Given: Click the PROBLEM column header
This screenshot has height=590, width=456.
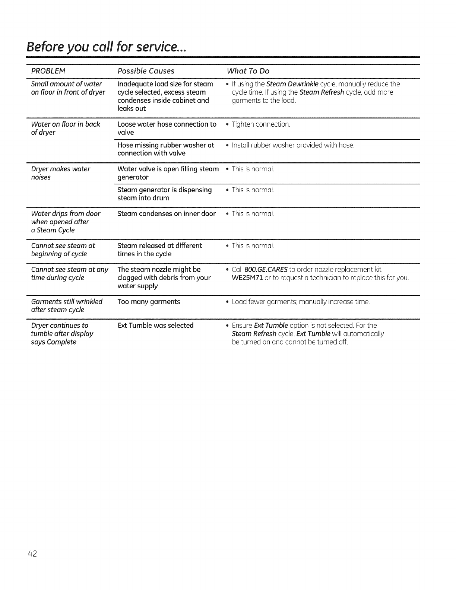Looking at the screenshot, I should [x=48, y=71].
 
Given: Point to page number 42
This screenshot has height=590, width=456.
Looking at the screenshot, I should [x=32, y=553].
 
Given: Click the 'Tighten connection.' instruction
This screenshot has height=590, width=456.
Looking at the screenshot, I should [x=260, y=124].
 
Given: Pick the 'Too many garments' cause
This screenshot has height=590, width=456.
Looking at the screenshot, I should [x=149, y=302].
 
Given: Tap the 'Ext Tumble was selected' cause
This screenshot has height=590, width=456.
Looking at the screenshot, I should [x=155, y=326].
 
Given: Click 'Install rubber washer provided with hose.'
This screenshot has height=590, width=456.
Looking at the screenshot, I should [x=293, y=145].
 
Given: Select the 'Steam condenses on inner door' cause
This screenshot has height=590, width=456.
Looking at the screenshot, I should [x=167, y=214].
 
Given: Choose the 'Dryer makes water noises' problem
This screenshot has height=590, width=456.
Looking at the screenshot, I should [x=60, y=173].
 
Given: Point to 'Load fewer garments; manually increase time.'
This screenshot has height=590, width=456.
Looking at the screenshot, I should [x=301, y=302].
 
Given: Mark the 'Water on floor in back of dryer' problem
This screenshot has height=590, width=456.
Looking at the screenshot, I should [x=65, y=129].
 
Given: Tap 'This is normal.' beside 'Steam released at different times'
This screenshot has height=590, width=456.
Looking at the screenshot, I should [x=253, y=246].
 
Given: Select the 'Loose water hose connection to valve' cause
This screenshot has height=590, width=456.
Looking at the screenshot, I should [x=167, y=129].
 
